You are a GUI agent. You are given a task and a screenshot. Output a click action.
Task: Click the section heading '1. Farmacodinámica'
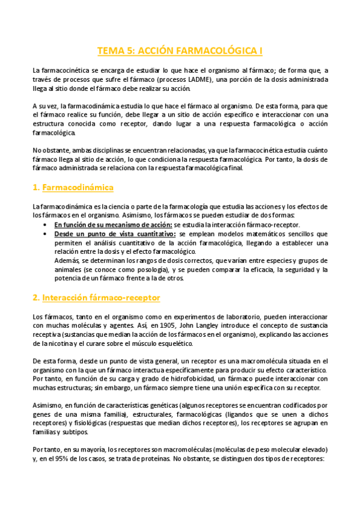tap(73, 188)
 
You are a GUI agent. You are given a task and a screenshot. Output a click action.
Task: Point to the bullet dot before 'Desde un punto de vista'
tap(47, 234)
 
